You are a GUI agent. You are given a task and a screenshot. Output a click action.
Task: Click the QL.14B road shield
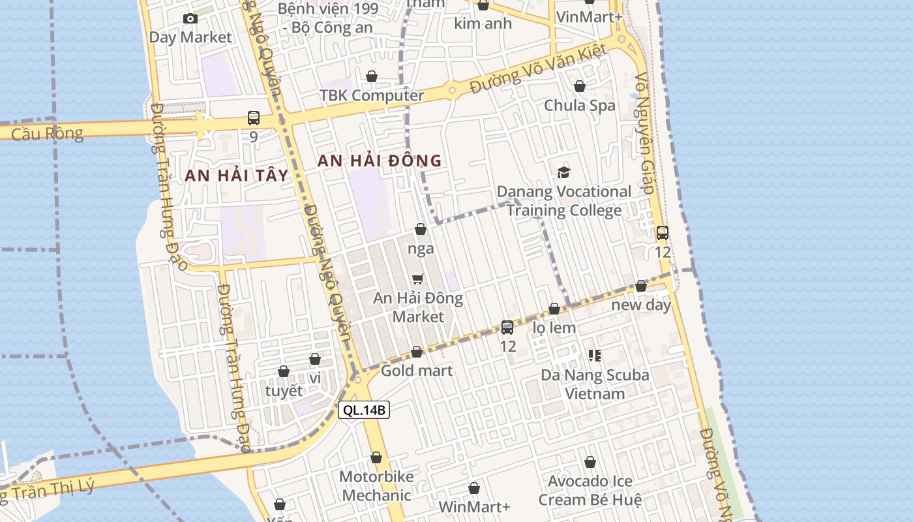pos(364,410)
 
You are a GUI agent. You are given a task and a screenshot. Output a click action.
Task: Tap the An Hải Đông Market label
pos(418,307)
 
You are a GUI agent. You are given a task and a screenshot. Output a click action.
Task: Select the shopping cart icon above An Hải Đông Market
pos(418,279)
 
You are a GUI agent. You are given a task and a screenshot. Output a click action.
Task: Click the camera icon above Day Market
pos(190,18)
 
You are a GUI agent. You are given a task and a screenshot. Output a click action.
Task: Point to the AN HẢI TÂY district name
pos(236,175)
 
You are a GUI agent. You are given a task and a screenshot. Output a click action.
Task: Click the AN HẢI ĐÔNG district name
pos(380,161)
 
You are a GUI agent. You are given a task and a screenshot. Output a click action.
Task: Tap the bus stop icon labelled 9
pos(254,118)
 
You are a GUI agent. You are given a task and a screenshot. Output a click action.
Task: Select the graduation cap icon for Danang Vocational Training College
pos(563,172)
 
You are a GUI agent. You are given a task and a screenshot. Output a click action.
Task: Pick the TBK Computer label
pos(372,95)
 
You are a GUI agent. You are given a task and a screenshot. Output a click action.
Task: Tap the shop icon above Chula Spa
pos(580,86)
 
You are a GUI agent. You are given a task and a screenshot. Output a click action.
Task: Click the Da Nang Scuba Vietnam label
pos(595,384)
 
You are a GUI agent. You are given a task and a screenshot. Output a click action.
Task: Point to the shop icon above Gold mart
pos(417,352)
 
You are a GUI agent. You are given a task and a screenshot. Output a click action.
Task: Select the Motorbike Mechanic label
pos(376,485)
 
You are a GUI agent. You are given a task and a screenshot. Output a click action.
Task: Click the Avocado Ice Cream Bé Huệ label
pos(590,490)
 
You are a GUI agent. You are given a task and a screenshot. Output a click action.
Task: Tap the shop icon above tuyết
pos(284,372)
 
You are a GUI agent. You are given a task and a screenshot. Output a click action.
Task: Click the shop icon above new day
pos(641,286)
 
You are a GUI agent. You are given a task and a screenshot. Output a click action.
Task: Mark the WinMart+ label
pos(474,507)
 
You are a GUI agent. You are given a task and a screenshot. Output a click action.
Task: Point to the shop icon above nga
pos(421,229)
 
